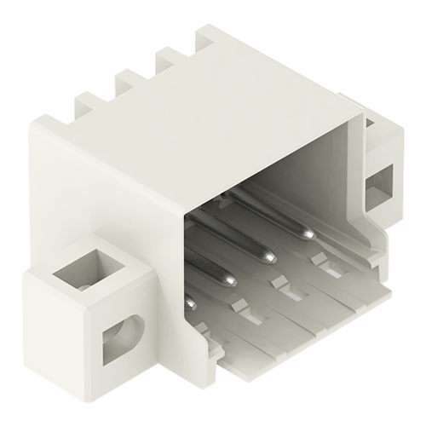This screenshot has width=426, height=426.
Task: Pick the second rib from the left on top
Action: pyautogui.click(x=129, y=81)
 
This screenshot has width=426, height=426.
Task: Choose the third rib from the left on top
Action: pyautogui.click(x=167, y=60)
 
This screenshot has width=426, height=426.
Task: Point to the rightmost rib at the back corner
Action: pyautogui.click(x=210, y=39)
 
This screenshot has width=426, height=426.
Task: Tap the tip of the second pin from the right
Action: pyautogui.click(x=269, y=254)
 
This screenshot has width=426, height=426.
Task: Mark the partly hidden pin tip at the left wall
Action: pyautogui.click(x=190, y=301)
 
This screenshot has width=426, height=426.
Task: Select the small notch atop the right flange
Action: pyautogui.click(x=371, y=126)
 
